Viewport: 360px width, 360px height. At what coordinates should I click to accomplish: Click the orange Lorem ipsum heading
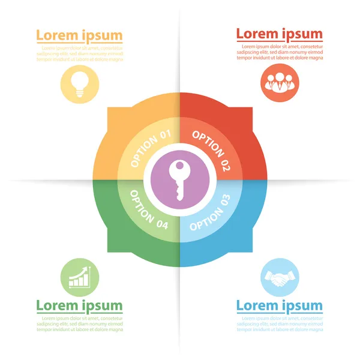click(79, 35)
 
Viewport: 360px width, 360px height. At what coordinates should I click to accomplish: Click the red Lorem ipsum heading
click(279, 34)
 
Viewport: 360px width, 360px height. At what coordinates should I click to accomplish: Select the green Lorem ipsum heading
click(79, 306)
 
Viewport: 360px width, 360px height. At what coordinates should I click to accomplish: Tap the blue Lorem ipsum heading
click(279, 306)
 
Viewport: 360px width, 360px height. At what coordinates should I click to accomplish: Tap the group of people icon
click(280, 82)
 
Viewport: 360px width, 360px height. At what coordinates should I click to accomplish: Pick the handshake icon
click(280, 277)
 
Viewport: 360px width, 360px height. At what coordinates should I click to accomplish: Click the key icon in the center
click(179, 180)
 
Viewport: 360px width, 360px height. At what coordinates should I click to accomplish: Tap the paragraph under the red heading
click(280, 52)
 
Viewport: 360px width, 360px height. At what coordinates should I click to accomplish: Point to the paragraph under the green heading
click(80, 324)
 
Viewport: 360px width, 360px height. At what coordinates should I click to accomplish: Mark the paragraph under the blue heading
click(280, 324)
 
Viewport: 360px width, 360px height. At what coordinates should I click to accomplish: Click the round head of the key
click(179, 169)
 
